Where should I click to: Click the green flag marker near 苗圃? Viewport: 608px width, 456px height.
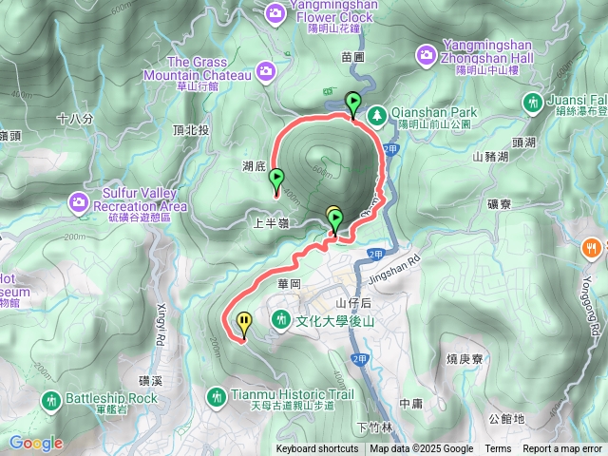353,104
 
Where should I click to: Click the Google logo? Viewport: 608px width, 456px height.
36,443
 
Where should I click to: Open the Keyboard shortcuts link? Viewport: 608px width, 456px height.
317,449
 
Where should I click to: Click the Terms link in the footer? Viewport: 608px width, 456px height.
498,449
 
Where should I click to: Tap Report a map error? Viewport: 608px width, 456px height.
562,449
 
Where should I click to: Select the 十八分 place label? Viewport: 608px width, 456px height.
75,119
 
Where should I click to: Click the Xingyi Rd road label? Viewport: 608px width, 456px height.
159,323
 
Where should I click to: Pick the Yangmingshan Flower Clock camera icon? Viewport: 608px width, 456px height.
275,12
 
